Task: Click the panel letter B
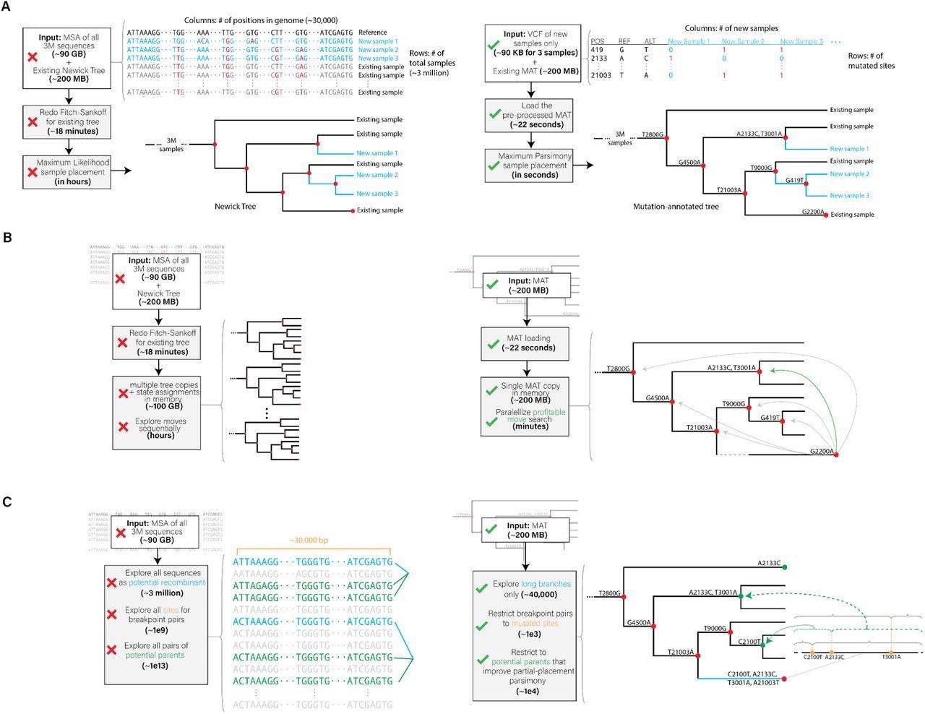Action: click(x=7, y=236)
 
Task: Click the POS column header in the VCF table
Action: click(x=597, y=41)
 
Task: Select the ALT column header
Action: click(x=650, y=41)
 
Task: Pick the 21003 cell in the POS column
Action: click(x=601, y=75)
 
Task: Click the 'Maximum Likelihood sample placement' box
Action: click(x=67, y=172)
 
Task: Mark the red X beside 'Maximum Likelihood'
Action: click(x=33, y=173)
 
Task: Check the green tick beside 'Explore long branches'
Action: click(x=482, y=589)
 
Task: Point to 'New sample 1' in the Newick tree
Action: click(x=377, y=153)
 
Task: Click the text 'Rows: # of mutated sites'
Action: click(x=872, y=60)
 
